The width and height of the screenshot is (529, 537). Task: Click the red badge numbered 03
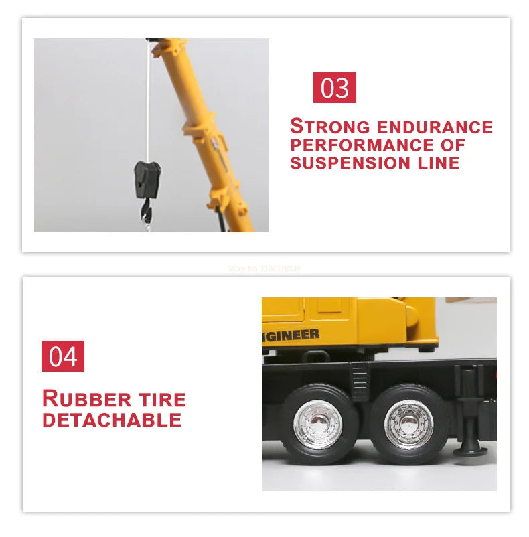tap(334, 88)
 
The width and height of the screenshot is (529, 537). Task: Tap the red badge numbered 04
tap(63, 356)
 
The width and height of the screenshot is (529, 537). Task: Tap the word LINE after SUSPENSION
tap(436, 163)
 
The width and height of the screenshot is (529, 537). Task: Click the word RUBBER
tap(85, 399)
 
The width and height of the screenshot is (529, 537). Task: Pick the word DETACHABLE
tap(112, 420)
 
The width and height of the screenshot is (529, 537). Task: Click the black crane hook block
tap(147, 179)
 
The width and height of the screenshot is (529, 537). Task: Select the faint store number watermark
tap(264, 268)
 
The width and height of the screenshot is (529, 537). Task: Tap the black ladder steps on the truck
tap(360, 381)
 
